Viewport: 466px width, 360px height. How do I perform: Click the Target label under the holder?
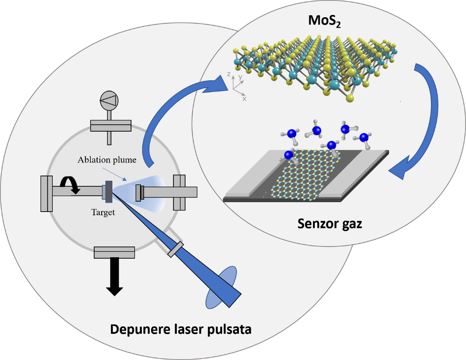(104, 212)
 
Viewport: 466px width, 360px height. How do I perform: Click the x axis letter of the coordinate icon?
(244, 99)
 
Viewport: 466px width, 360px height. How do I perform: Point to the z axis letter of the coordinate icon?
(228, 75)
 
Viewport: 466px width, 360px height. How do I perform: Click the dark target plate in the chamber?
(109, 191)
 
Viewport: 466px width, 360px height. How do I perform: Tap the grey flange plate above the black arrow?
(114, 252)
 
